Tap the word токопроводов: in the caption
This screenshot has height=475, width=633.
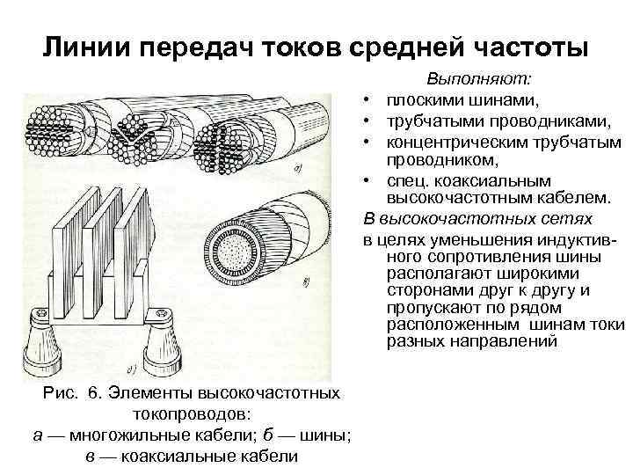click(x=191, y=414)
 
